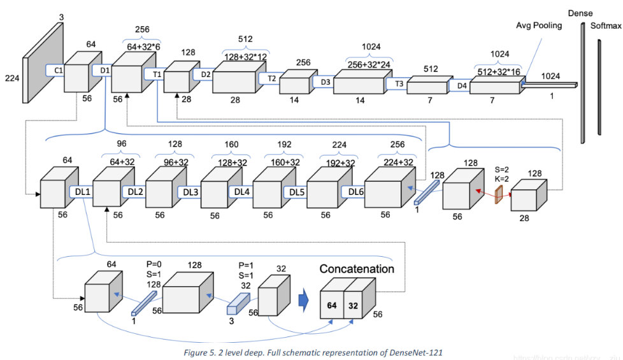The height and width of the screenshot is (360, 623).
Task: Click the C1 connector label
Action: point(57,70)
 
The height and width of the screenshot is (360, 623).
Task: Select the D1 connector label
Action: point(103,70)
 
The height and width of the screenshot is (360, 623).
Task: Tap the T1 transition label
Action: point(157,74)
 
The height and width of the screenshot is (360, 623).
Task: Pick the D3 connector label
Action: point(325,82)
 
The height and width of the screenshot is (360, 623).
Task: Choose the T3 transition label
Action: point(399,83)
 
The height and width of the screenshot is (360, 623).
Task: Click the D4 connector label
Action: point(461,85)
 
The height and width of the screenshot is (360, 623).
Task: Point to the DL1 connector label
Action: point(82,191)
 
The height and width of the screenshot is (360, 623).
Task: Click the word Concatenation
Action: point(357,269)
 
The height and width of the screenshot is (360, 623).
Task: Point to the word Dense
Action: point(581,13)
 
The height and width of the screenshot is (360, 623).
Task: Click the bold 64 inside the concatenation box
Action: point(331,306)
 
